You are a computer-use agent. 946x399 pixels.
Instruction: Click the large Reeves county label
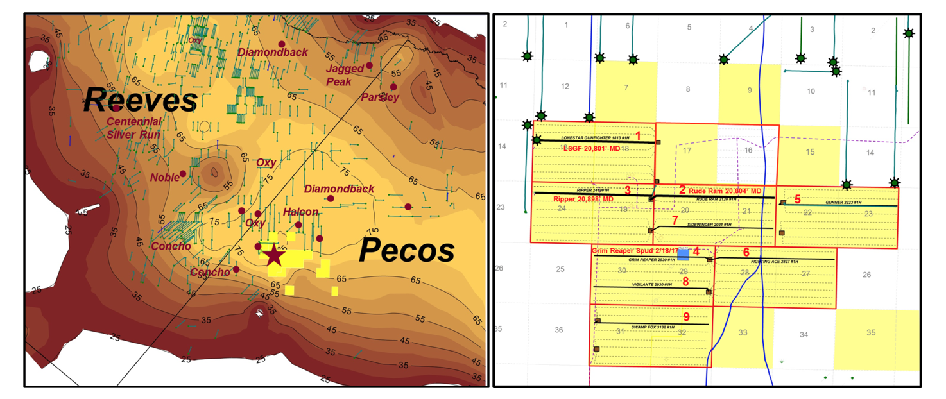(141, 101)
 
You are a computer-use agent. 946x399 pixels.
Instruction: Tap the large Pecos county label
(407, 250)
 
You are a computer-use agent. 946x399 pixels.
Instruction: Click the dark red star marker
(273, 255)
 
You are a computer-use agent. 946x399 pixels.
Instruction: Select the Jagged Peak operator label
(345, 75)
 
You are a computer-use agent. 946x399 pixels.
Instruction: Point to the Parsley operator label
(380, 98)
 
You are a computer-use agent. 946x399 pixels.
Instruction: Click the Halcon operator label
(300, 212)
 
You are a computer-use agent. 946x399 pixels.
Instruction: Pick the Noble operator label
(165, 177)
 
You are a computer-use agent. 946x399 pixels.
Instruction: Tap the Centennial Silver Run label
(133, 127)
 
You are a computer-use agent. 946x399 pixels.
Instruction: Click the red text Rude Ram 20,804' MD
(725, 191)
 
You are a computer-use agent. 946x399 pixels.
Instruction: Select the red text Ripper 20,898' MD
(583, 199)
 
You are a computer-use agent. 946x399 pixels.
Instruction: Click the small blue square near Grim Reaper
(684, 254)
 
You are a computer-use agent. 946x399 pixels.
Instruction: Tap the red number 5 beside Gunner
(798, 199)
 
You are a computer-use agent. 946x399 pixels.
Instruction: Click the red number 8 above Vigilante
(685, 281)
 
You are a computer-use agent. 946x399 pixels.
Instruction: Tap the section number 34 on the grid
(804, 334)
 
